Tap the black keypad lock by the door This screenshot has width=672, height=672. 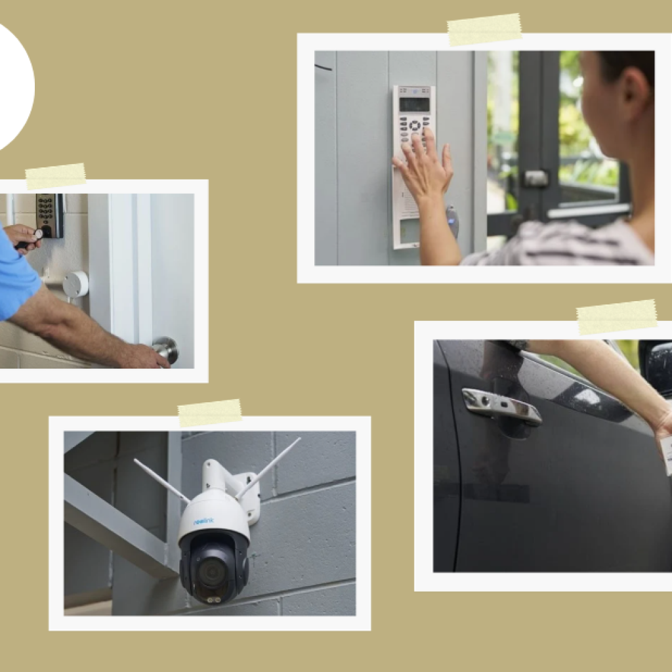pos(48,215)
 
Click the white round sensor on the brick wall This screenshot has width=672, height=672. pos(75,284)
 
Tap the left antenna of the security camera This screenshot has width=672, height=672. pos(161,480)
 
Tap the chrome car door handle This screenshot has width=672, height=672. pos(501,405)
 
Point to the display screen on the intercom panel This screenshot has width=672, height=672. pos(414,104)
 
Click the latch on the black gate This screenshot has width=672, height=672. pos(535,178)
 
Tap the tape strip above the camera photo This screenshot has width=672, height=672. pos(209,413)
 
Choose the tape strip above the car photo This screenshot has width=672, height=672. pos(616,317)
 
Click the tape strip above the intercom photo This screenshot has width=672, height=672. pos(484,30)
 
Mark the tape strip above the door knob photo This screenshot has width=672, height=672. pos(55,176)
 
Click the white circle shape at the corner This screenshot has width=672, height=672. pos(11,85)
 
